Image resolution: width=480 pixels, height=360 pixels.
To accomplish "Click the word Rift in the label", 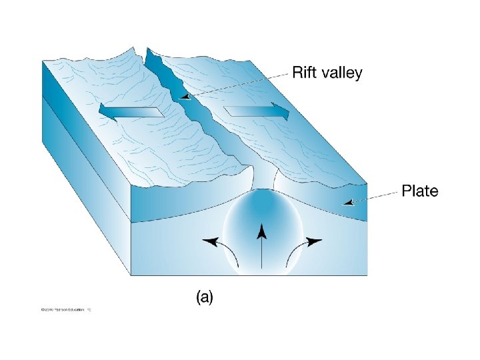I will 305,73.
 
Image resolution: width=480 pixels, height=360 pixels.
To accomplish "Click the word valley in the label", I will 341,73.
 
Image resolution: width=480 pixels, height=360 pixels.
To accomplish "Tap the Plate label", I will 419,192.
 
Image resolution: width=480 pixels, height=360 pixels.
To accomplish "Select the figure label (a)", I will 205,297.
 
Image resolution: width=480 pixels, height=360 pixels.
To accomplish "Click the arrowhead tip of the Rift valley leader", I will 181,97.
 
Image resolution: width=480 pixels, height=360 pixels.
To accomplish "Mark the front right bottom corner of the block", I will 367,274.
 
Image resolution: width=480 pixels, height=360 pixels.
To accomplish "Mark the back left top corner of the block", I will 43,60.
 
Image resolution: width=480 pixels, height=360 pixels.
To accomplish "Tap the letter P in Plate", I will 405,192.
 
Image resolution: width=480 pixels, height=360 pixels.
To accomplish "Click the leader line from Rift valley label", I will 240,83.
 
